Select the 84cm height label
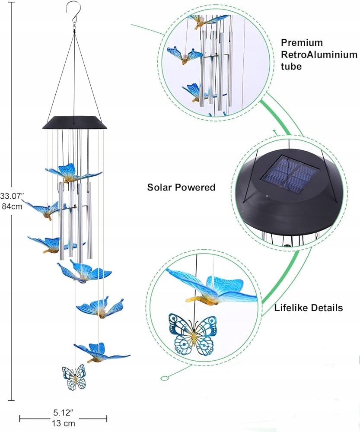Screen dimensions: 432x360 pyautogui.click(x=12, y=206)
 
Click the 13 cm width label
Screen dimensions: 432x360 pyautogui.click(x=64, y=423)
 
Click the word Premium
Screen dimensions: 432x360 pyautogui.click(x=302, y=42)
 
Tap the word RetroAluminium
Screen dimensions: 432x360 pyautogui.click(x=319, y=54)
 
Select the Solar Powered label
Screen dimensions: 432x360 pyautogui.click(x=181, y=187)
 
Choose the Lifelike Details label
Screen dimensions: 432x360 pyautogui.click(x=309, y=308)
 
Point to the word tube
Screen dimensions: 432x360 pyautogui.click(x=291, y=67)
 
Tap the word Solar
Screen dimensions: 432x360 pyautogui.click(x=159, y=187)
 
